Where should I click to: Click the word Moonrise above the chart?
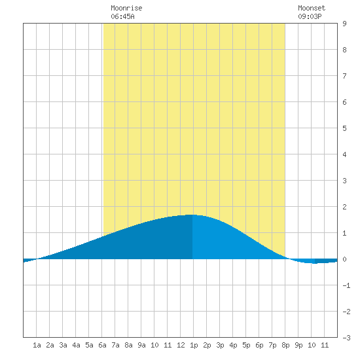tap(126, 8)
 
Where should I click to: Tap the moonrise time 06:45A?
tap(122, 16)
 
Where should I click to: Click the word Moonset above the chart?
tap(312, 8)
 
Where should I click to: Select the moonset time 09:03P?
tap(310, 16)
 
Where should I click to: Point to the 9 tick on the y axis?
tap(344, 24)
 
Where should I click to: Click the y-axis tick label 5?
tap(344, 128)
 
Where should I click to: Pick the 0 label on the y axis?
tap(344, 259)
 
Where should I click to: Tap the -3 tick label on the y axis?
tap(346, 338)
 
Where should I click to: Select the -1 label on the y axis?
tap(346, 285)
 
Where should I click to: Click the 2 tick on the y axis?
tap(344, 207)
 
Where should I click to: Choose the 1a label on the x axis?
tap(37, 345)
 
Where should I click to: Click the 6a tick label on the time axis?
tap(102, 345)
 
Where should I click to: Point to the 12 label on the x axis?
tap(181, 345)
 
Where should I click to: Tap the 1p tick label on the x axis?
tap(194, 345)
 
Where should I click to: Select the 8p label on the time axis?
tap(285, 345)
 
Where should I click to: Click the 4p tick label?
tap(233, 345)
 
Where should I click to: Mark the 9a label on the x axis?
tap(141, 345)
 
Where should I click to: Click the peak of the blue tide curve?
tap(192, 215)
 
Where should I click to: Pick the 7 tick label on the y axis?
tap(344, 76)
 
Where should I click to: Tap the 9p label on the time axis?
tap(298, 345)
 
